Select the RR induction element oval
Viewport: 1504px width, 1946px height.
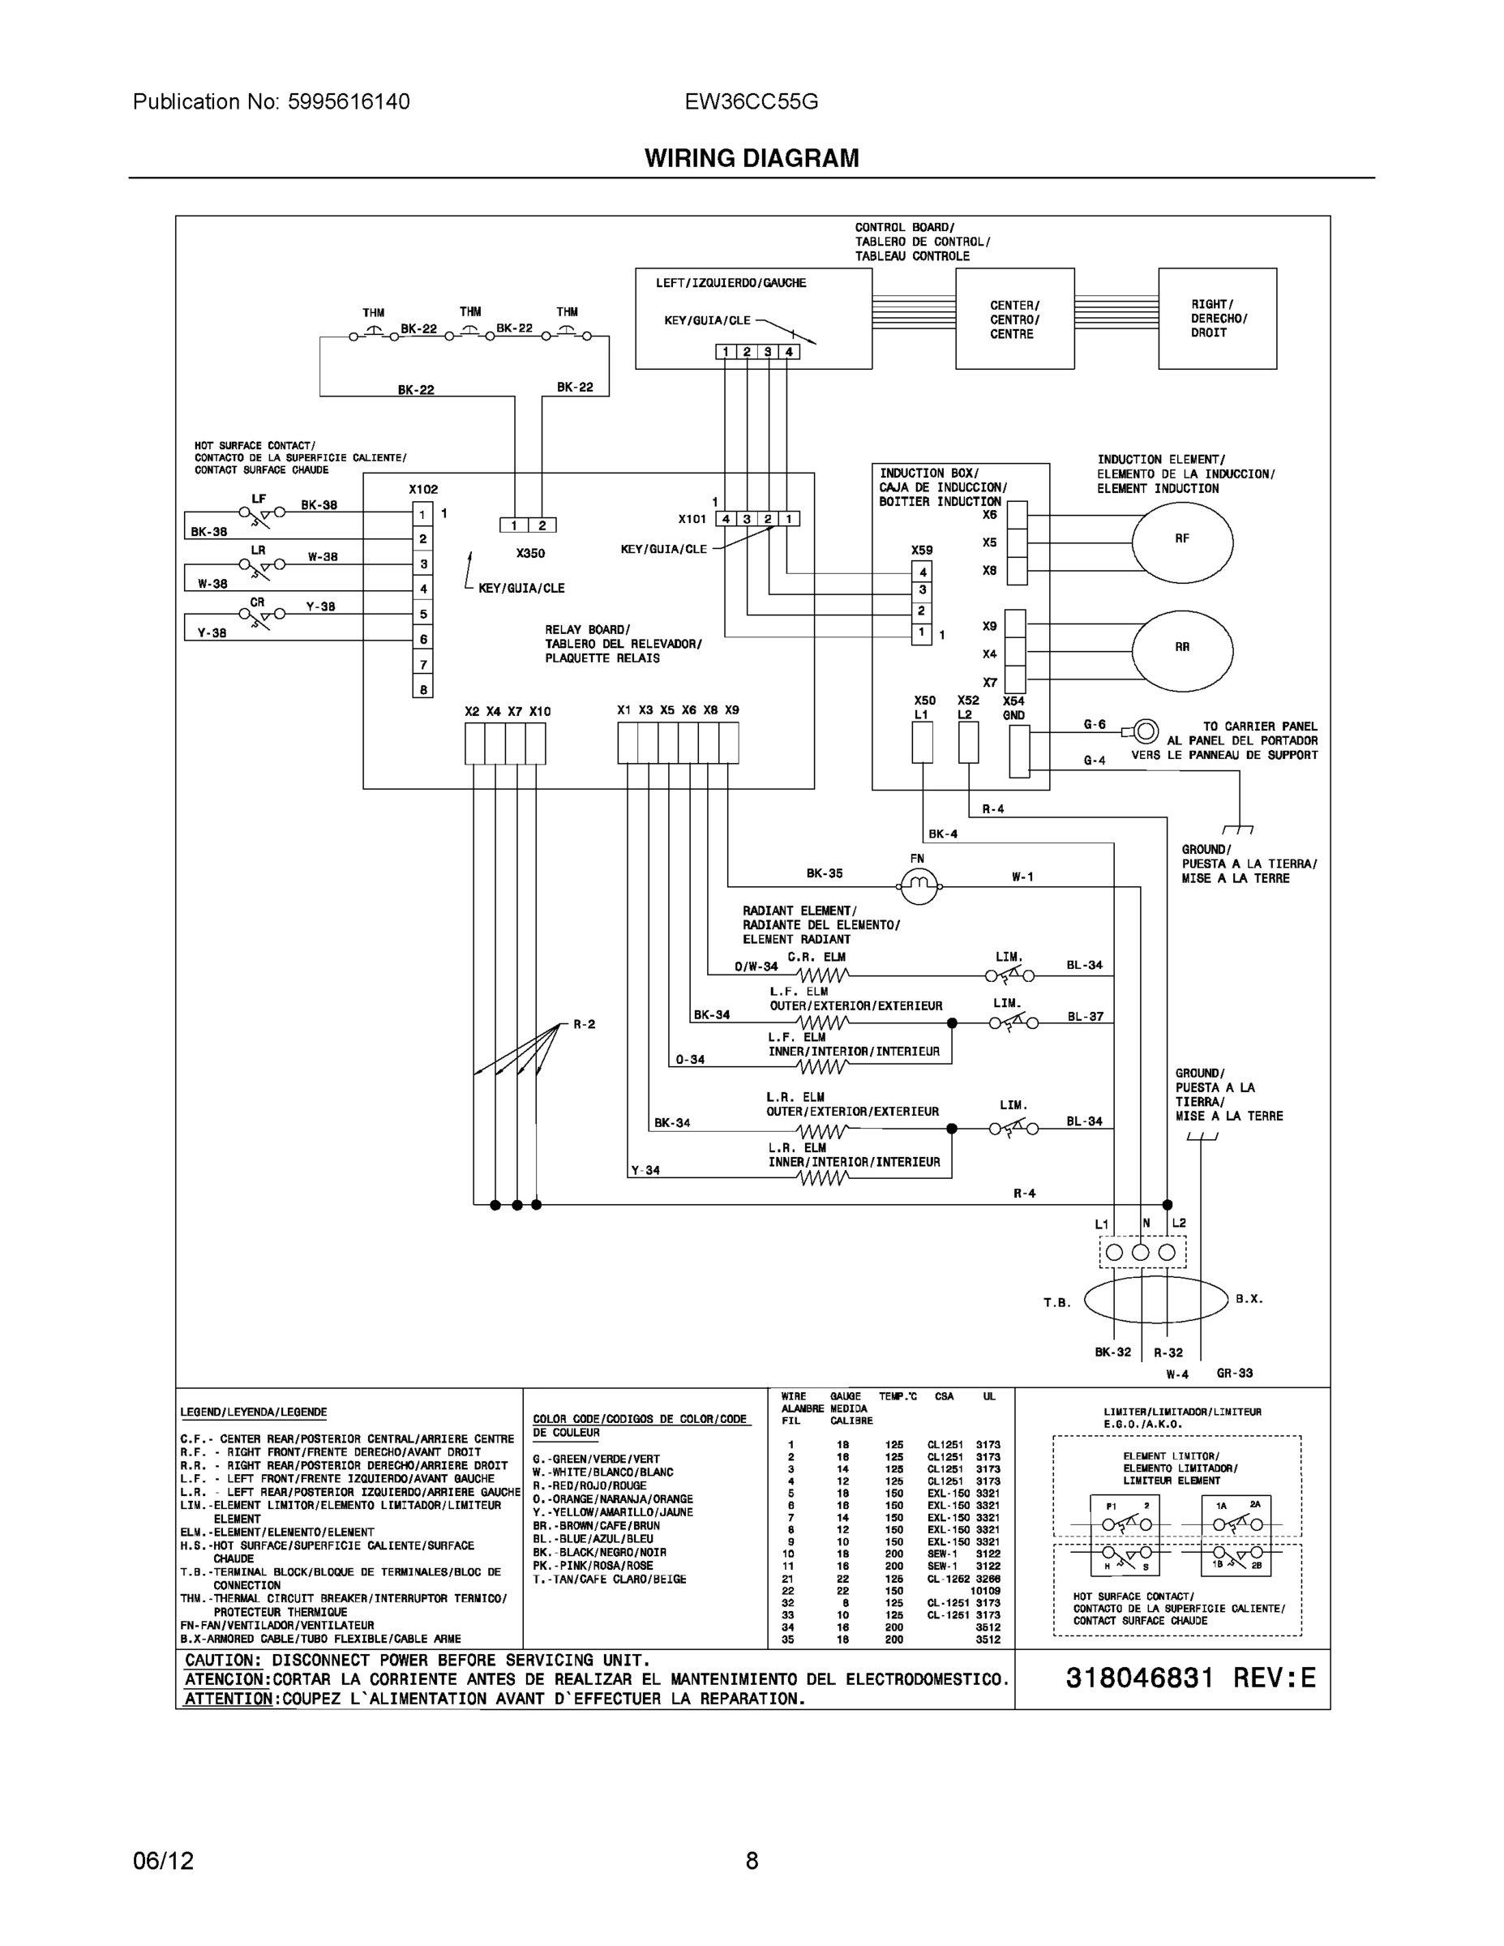[x=1181, y=649]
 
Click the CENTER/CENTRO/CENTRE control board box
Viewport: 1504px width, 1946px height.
[x=1014, y=319]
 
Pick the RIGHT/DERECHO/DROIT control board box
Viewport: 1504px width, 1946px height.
[x=1217, y=318]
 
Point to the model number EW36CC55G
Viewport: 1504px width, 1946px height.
[x=751, y=101]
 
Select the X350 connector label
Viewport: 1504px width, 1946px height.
[x=530, y=553]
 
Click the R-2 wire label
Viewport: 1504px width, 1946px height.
[x=585, y=1025]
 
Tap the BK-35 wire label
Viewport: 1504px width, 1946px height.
[x=825, y=873]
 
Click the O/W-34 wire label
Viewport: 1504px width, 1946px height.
[x=756, y=966]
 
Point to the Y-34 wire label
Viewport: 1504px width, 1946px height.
[x=645, y=1170]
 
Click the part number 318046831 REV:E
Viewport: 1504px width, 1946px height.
[x=1189, y=1678]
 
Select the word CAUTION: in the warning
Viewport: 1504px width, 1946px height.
[x=223, y=1660]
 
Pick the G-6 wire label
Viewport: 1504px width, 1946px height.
[x=1094, y=724]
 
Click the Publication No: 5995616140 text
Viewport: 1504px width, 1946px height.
[x=271, y=101]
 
